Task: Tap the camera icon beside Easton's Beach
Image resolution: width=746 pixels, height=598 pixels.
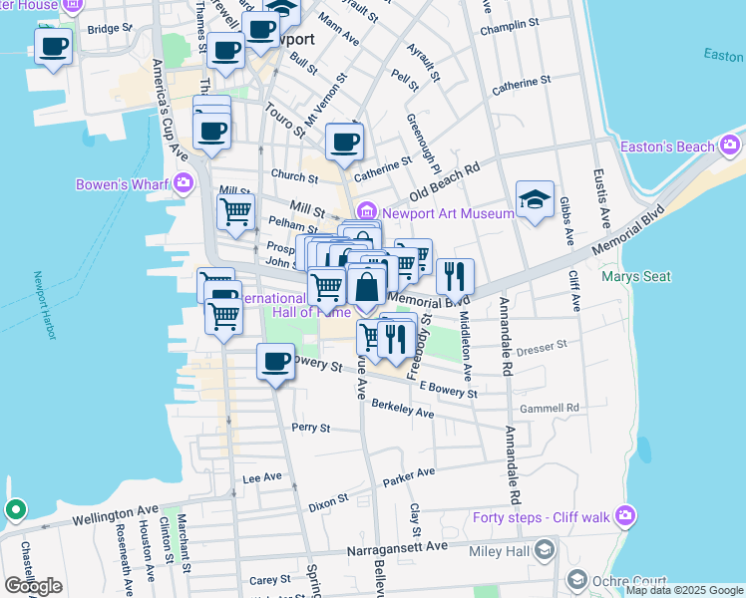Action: (x=730, y=148)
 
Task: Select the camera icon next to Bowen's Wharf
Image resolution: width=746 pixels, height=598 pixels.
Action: (x=183, y=182)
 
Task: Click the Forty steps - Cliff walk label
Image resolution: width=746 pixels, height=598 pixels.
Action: (x=544, y=516)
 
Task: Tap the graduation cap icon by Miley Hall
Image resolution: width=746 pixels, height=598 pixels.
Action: (x=545, y=549)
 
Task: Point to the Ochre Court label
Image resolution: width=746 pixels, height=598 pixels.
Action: (x=617, y=579)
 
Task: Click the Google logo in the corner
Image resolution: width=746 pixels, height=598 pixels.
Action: (x=33, y=586)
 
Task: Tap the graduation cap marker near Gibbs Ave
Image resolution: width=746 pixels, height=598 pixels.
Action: (x=535, y=198)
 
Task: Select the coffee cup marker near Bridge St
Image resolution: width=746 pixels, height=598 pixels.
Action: (x=54, y=46)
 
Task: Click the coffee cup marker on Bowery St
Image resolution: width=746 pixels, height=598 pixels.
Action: (x=275, y=362)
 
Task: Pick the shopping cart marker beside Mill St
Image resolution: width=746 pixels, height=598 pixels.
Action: (x=235, y=211)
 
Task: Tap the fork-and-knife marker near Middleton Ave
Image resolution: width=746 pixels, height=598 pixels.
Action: (x=455, y=275)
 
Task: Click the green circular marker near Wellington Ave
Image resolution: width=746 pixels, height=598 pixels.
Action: (x=15, y=511)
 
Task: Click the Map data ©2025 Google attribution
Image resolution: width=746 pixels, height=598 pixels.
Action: (x=684, y=590)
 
